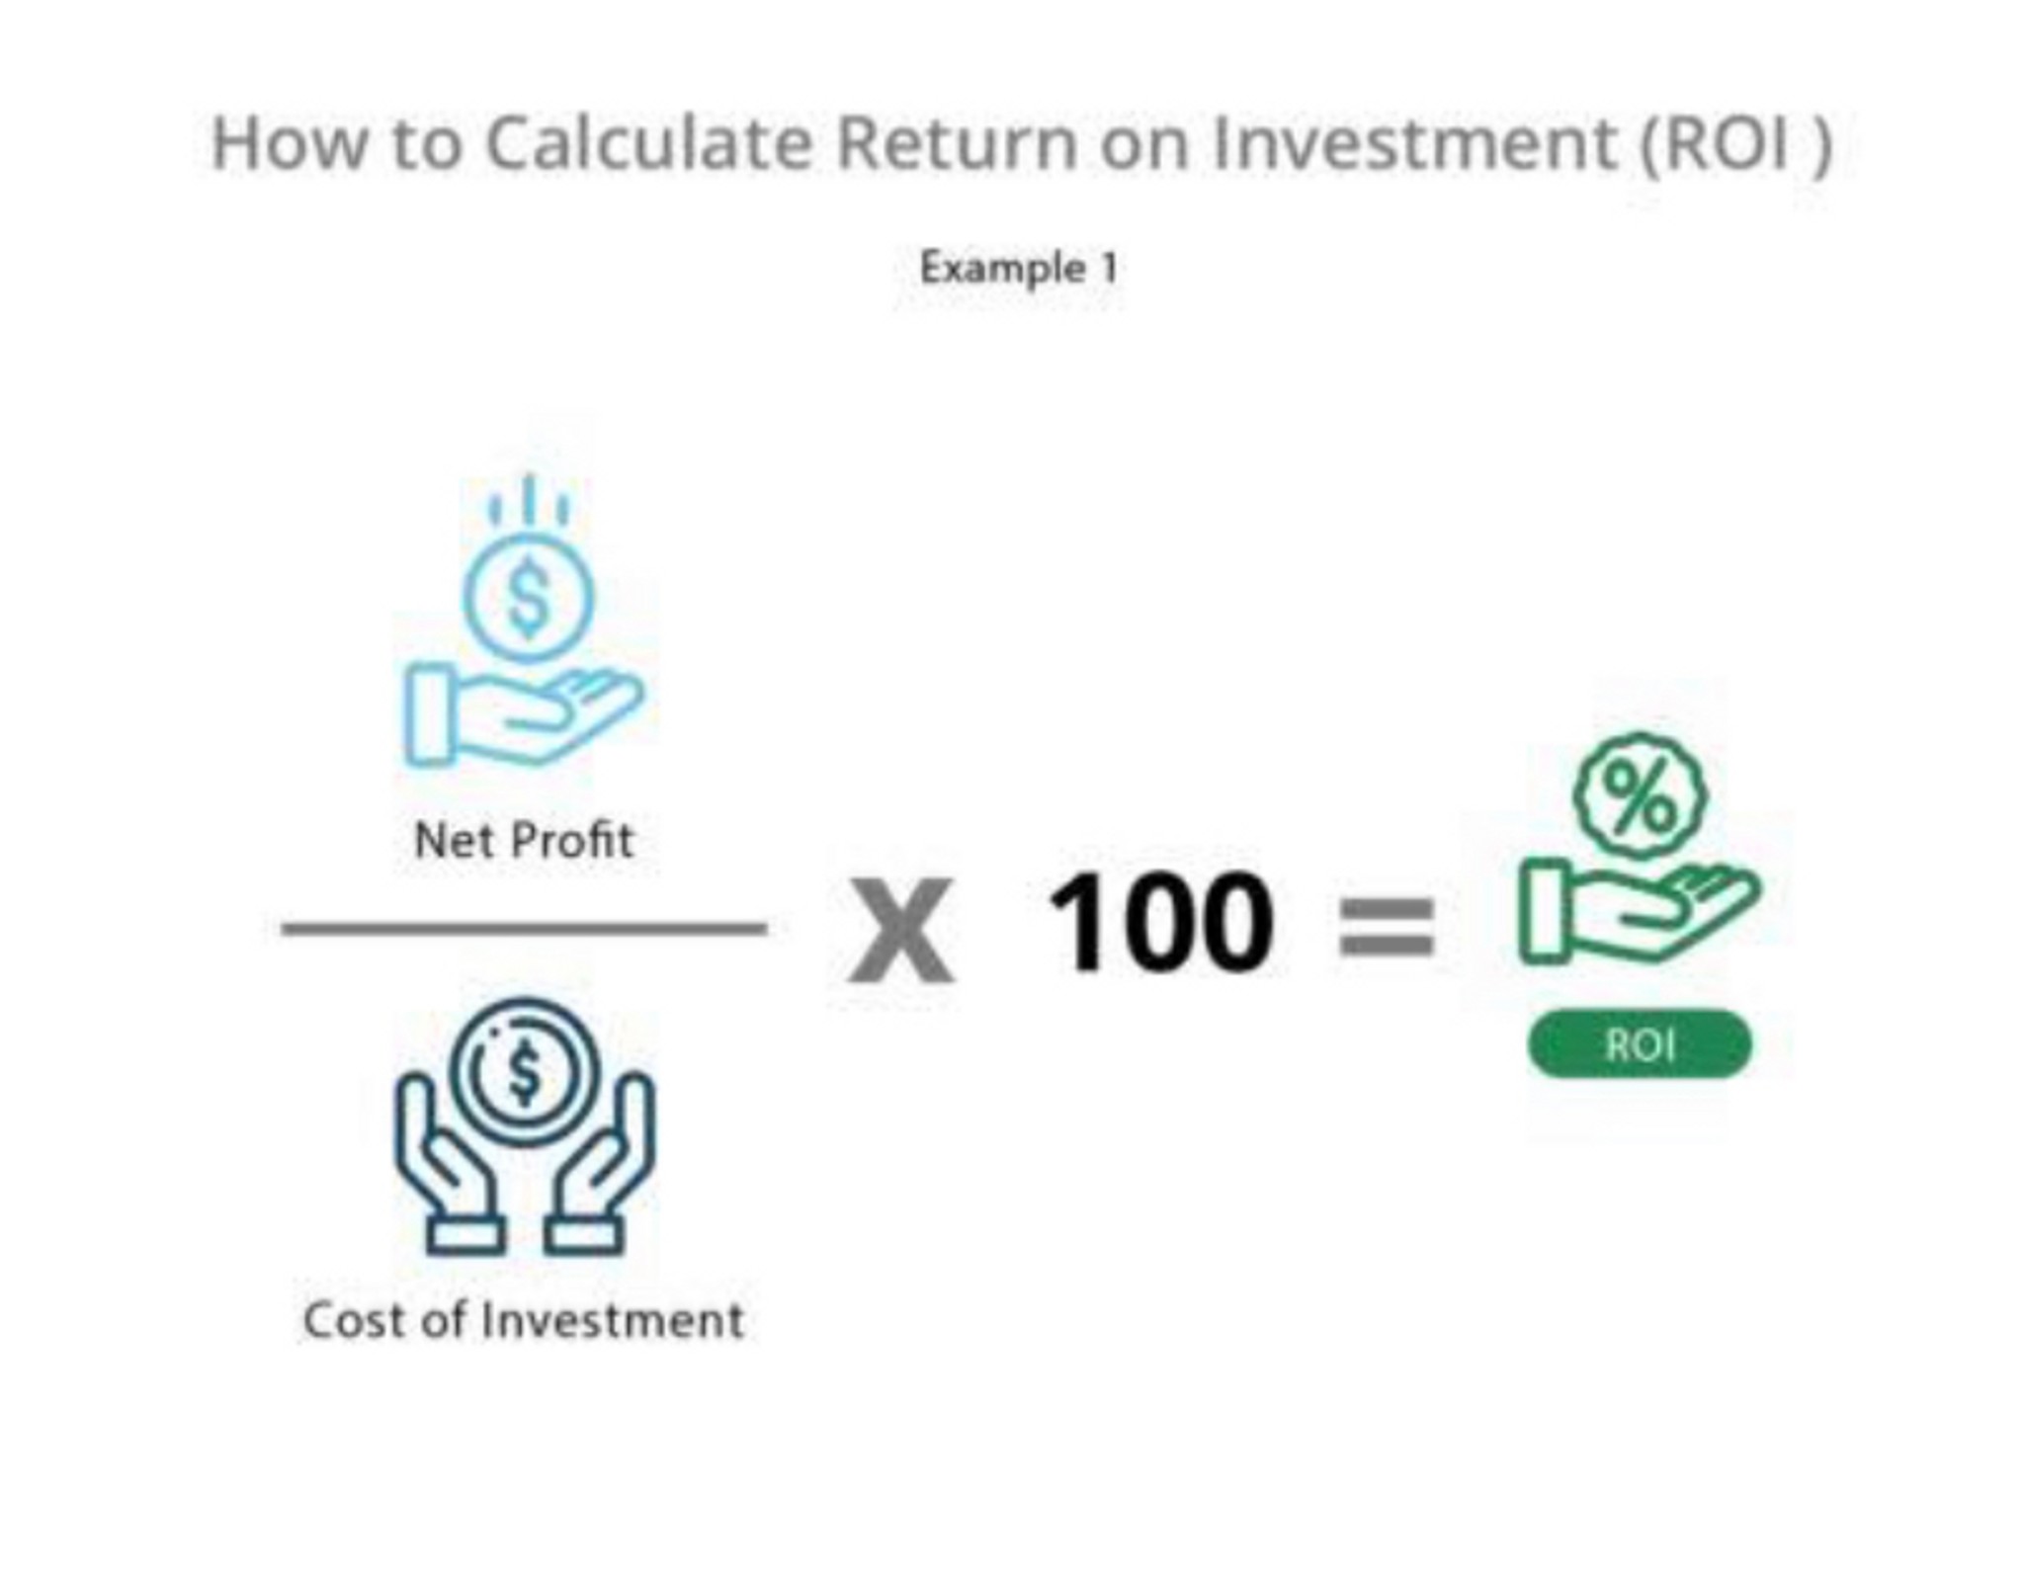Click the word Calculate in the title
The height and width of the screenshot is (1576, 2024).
(648, 142)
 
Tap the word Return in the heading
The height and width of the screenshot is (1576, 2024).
(955, 142)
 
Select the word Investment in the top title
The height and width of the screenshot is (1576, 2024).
(1414, 142)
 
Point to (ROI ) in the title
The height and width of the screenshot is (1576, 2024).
(1735, 144)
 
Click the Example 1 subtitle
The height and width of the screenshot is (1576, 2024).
(1019, 269)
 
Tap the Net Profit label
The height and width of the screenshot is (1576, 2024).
(524, 841)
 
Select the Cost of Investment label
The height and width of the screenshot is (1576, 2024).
(524, 1320)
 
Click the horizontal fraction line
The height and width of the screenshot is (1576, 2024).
(524, 928)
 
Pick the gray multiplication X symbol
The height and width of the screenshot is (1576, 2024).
(901, 932)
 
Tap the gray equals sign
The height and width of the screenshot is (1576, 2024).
(1386, 927)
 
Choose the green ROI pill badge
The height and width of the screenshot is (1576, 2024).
(1640, 1043)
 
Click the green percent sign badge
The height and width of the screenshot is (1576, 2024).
(1640, 793)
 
